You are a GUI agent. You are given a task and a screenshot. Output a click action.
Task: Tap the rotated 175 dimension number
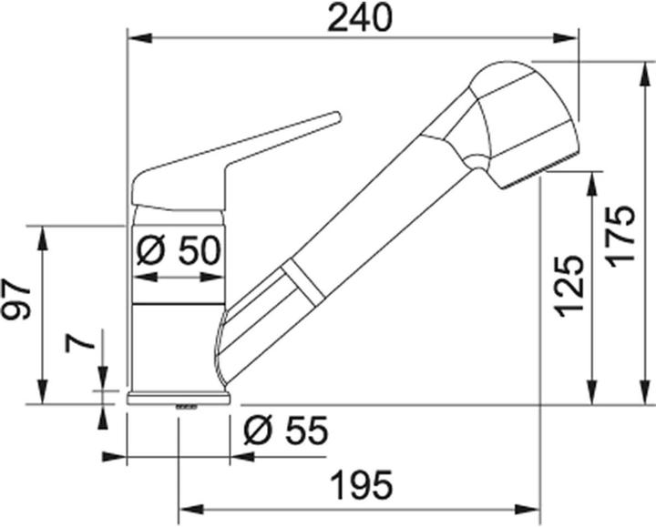click(x=622, y=234)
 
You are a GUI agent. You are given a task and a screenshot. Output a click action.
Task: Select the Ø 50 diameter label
click(x=179, y=250)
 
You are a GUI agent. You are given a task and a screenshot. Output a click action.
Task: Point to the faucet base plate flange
click(x=179, y=397)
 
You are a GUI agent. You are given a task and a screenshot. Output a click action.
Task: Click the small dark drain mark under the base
click(x=186, y=406)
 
